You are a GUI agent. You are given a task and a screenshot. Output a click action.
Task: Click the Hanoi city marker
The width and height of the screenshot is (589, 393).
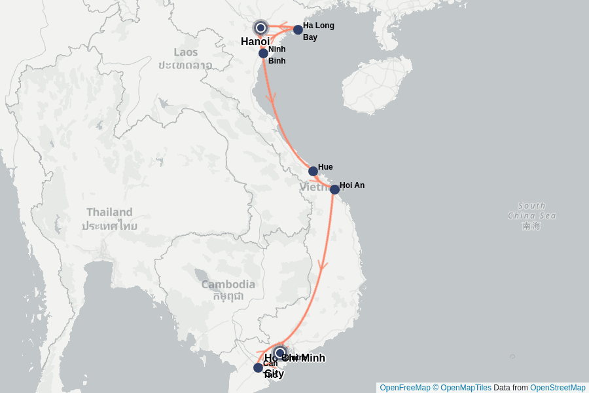(x=260, y=28)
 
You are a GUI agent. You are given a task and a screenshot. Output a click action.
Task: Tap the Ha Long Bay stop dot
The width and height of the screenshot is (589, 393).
(x=298, y=29)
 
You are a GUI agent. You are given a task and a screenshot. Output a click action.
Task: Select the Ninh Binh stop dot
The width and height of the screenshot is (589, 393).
(x=263, y=53)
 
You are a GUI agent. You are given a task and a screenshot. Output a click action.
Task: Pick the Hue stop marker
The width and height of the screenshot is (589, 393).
(x=313, y=171)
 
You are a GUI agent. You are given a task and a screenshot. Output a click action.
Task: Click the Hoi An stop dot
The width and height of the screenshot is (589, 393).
(x=334, y=189)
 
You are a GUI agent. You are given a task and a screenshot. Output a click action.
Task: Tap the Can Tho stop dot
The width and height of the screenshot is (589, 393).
(x=258, y=367)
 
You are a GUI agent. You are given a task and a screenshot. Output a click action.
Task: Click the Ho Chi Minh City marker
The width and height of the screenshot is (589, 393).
(x=280, y=353)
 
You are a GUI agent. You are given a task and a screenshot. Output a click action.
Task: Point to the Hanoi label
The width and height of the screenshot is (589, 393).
(x=255, y=42)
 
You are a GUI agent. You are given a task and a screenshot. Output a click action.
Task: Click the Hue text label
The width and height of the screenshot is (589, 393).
(x=325, y=167)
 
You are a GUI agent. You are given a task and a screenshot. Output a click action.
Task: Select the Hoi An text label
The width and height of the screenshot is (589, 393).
(x=352, y=185)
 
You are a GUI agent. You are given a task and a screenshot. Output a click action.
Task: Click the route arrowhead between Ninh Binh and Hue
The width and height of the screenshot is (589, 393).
(x=271, y=98)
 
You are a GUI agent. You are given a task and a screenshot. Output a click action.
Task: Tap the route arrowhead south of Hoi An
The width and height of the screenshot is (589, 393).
(x=322, y=265)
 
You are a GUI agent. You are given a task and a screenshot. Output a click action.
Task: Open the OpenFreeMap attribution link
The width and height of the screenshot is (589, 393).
(x=404, y=388)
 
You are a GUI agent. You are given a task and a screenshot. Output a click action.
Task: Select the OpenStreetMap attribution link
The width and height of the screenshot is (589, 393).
(x=558, y=388)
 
